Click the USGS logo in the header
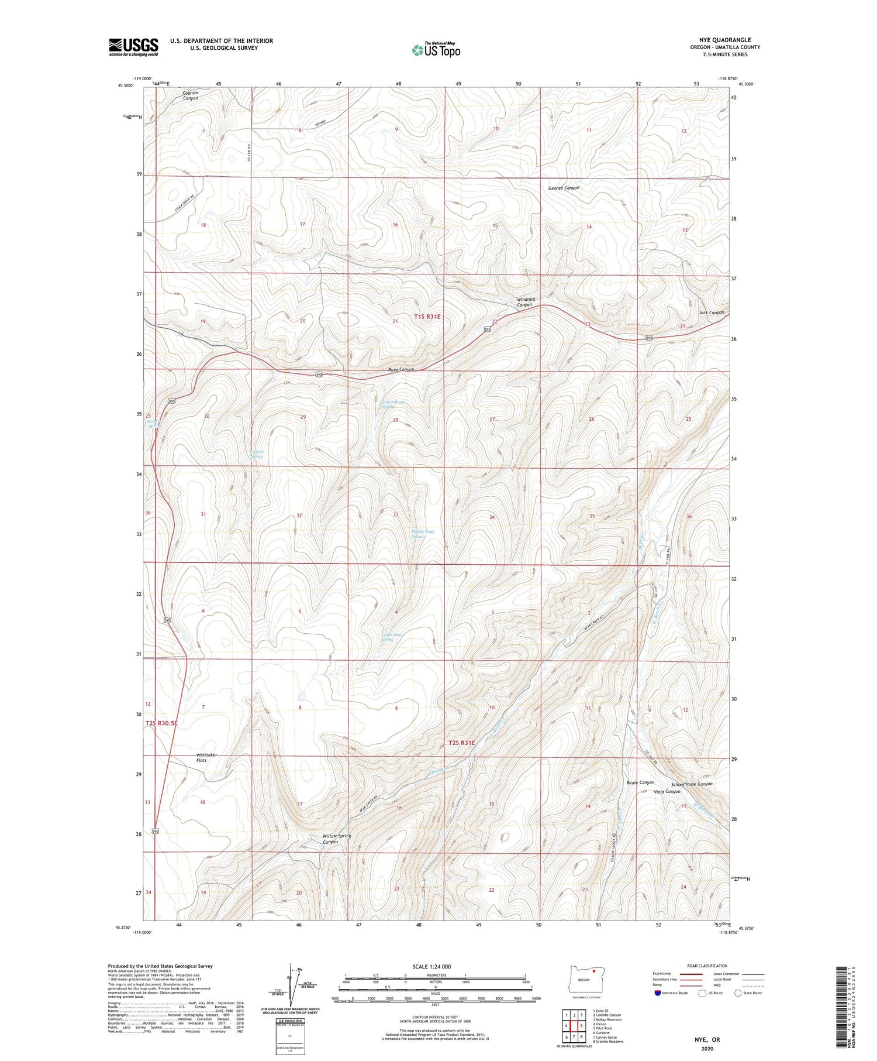[133, 47]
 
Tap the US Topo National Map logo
[436, 50]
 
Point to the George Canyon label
[564, 188]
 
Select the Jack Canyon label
[711, 313]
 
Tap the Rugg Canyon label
[401, 369]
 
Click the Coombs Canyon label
[191, 95]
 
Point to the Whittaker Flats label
[206, 757]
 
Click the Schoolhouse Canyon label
[692, 784]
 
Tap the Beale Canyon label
[640, 782]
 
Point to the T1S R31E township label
[427, 317]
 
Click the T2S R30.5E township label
[161, 723]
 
